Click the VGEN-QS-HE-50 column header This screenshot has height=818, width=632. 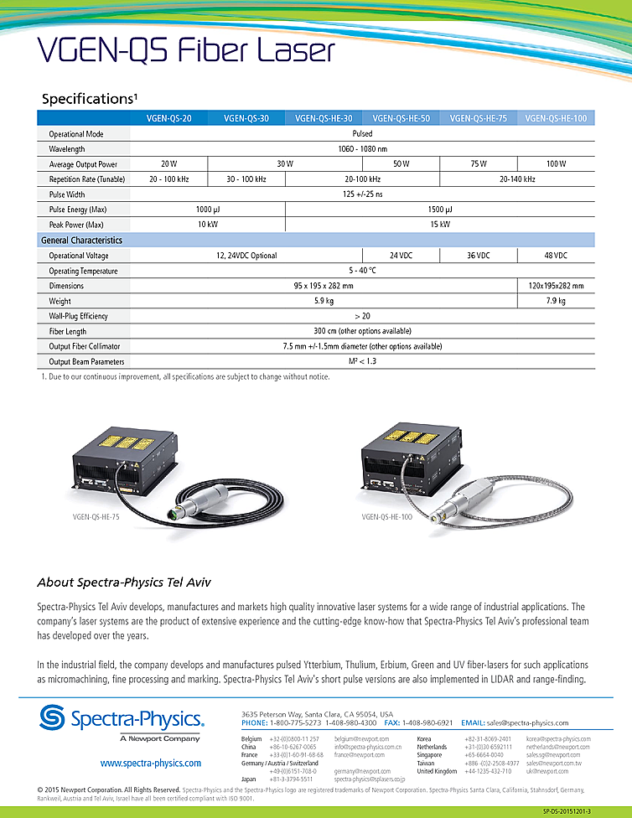[x=401, y=119]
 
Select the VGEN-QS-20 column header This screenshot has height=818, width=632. [x=169, y=119]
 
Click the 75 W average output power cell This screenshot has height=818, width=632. [x=479, y=163]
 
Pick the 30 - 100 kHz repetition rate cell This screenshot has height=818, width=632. [x=246, y=179]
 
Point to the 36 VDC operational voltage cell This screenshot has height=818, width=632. [x=479, y=255]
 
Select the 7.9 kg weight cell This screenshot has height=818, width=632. [x=557, y=301]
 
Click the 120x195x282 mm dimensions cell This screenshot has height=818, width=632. [x=557, y=286]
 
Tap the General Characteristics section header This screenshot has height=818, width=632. [x=81, y=240]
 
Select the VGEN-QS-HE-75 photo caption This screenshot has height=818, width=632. [x=96, y=518]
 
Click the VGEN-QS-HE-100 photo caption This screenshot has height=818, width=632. [x=387, y=518]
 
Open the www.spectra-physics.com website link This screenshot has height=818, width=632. [x=151, y=763]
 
